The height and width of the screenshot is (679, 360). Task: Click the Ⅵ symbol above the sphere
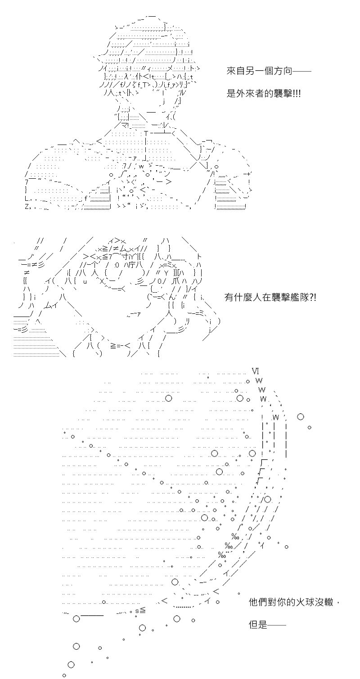255,371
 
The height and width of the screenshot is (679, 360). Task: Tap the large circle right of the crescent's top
300,416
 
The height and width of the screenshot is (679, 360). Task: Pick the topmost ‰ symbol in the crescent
235,537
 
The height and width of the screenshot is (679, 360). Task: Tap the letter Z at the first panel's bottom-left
27,207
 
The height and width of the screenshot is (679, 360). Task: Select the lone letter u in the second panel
85,281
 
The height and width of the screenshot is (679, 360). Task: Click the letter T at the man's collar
146,133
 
